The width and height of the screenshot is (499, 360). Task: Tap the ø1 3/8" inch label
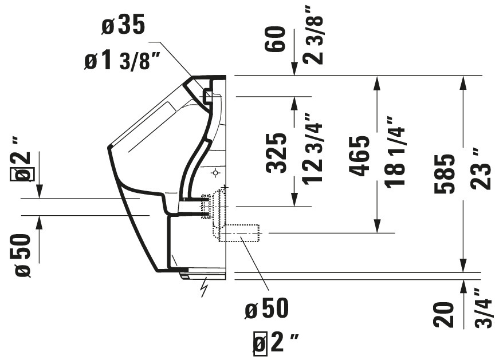pyautogui.click(x=122, y=61)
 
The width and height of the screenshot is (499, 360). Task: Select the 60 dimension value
pyautogui.click(x=275, y=39)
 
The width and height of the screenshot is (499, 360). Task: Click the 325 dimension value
pyautogui.click(x=276, y=153)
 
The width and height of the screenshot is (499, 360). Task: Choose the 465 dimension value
pyautogui.click(x=359, y=156)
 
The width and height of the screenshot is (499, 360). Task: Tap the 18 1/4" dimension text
pyautogui.click(x=395, y=153)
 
